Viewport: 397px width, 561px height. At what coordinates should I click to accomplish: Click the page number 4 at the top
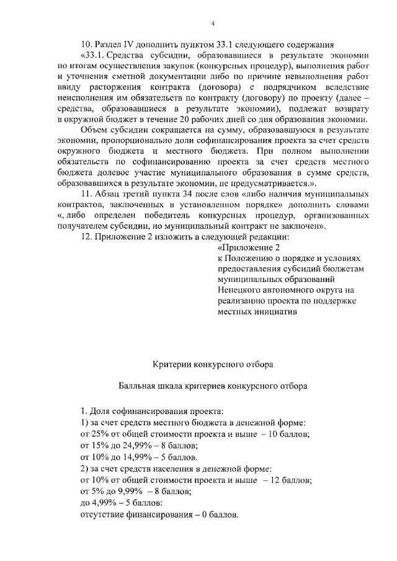[212, 24]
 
